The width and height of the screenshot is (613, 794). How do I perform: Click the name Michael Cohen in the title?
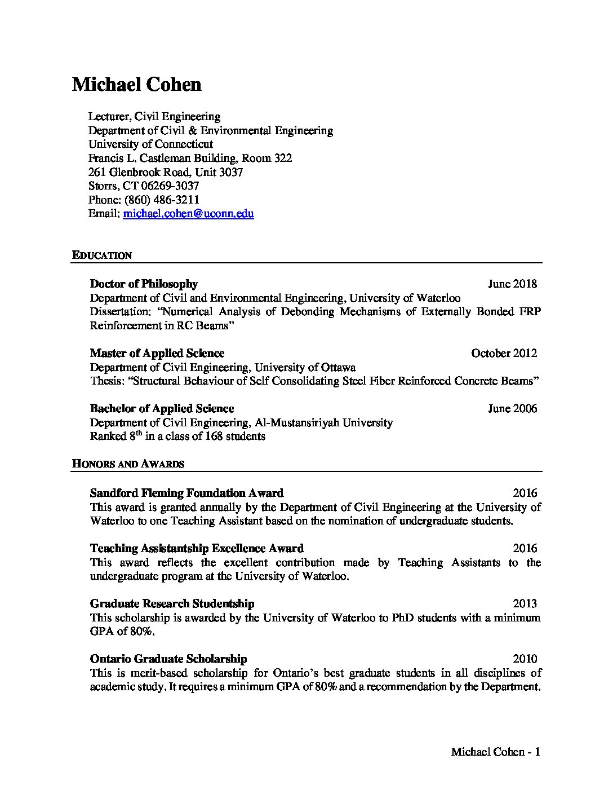136,85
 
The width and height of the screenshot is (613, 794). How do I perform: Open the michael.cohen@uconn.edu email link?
188,214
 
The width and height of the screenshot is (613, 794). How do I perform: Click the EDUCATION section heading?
102,255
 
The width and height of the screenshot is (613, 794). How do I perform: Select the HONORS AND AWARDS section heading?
128,464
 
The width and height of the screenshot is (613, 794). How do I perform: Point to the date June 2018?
512,284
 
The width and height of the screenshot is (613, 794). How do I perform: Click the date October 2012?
504,353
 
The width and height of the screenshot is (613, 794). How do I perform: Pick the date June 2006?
512,408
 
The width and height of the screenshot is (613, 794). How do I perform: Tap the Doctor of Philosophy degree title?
144,284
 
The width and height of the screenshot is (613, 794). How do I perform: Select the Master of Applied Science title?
157,353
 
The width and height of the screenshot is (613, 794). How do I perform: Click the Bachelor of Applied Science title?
162,408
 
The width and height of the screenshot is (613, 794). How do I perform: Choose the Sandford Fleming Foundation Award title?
186,493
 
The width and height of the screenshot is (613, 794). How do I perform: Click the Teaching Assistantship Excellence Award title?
197,548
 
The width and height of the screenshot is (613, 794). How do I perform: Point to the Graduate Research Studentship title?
172,603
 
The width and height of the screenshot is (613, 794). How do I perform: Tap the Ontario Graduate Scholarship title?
168,659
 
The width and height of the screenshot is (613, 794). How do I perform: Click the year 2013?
525,603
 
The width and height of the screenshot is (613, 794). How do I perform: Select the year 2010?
525,659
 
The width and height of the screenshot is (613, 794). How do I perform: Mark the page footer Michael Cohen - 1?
496,752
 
